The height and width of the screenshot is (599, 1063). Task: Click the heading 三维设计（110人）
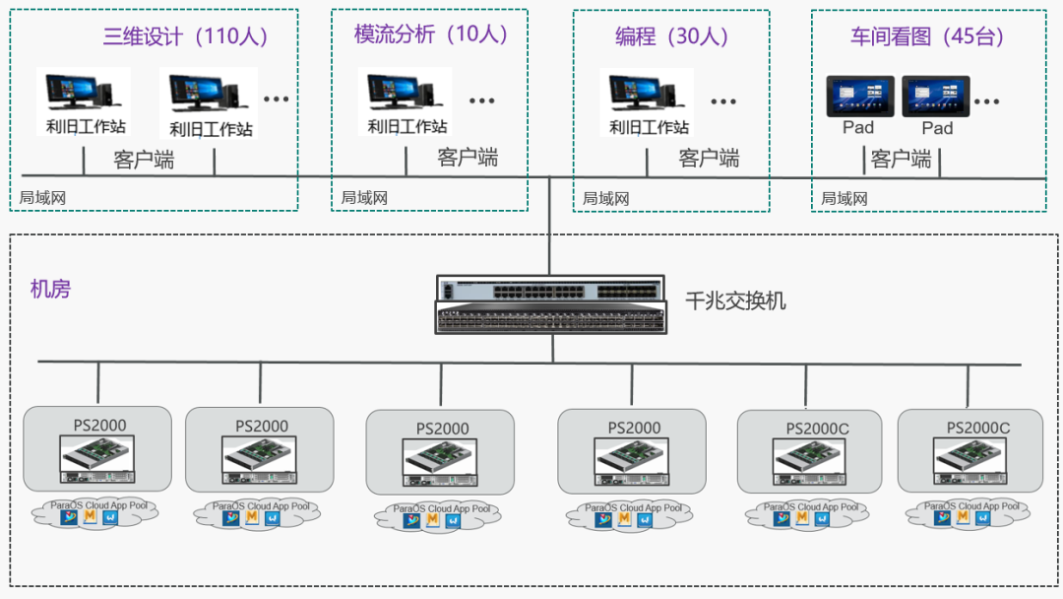[x=186, y=37]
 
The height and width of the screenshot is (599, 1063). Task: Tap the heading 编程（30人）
[x=673, y=37]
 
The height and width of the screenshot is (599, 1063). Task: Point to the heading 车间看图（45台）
[x=928, y=37]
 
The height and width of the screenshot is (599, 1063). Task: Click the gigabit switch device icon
[x=550, y=302]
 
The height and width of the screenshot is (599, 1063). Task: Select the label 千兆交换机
[x=735, y=301]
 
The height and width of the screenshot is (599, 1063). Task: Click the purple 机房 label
[x=50, y=290]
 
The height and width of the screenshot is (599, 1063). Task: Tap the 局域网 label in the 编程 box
[x=605, y=199]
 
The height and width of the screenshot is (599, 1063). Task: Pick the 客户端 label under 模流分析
[x=468, y=158]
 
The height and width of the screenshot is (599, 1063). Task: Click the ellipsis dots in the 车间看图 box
[x=987, y=100]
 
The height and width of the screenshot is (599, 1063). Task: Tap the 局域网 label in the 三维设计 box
[x=42, y=198]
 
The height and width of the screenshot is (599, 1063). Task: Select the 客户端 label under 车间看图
[x=902, y=159]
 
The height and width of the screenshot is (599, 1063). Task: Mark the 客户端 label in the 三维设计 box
[x=144, y=160]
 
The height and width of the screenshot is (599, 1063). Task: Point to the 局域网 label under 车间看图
[x=844, y=199]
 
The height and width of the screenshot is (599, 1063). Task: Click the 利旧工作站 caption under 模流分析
[x=407, y=126]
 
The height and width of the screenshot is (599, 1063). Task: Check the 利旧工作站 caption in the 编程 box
[x=649, y=127]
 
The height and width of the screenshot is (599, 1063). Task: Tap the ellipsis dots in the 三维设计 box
[x=277, y=100]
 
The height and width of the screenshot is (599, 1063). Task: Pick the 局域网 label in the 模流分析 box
[x=364, y=198]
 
